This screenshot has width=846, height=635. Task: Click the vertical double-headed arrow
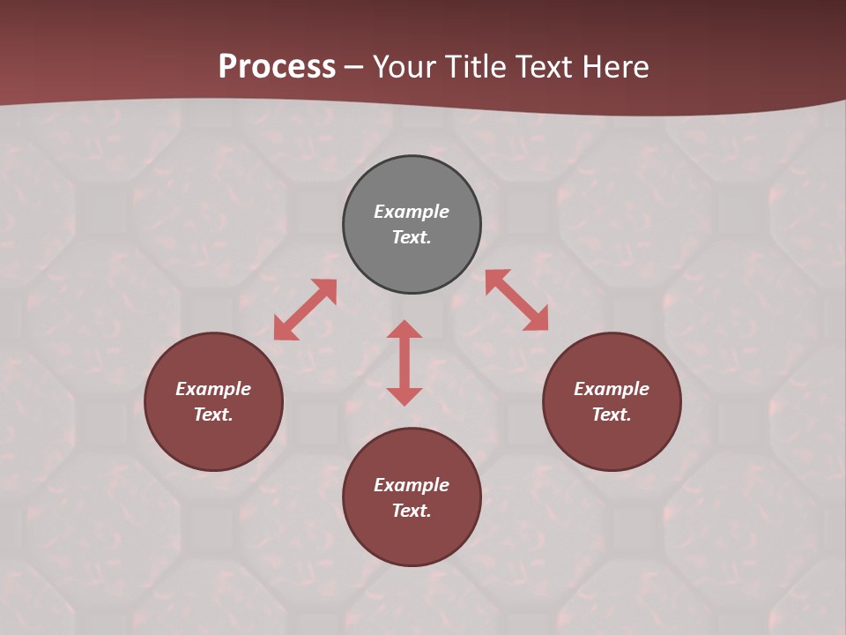(404, 362)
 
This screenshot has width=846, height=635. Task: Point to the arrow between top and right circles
(516, 300)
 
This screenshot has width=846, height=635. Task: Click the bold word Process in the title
(277, 66)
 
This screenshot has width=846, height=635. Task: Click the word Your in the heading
(404, 66)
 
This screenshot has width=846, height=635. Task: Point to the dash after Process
(354, 67)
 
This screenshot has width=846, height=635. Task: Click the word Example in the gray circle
(412, 212)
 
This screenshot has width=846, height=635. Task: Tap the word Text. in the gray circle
(412, 237)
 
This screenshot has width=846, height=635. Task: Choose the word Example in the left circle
(213, 389)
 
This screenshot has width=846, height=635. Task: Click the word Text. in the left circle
(213, 415)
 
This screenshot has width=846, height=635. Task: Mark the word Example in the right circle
(612, 389)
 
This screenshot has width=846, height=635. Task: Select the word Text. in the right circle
(612, 415)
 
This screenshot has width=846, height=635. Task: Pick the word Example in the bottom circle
(412, 485)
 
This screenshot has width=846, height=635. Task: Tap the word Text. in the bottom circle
(412, 511)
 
